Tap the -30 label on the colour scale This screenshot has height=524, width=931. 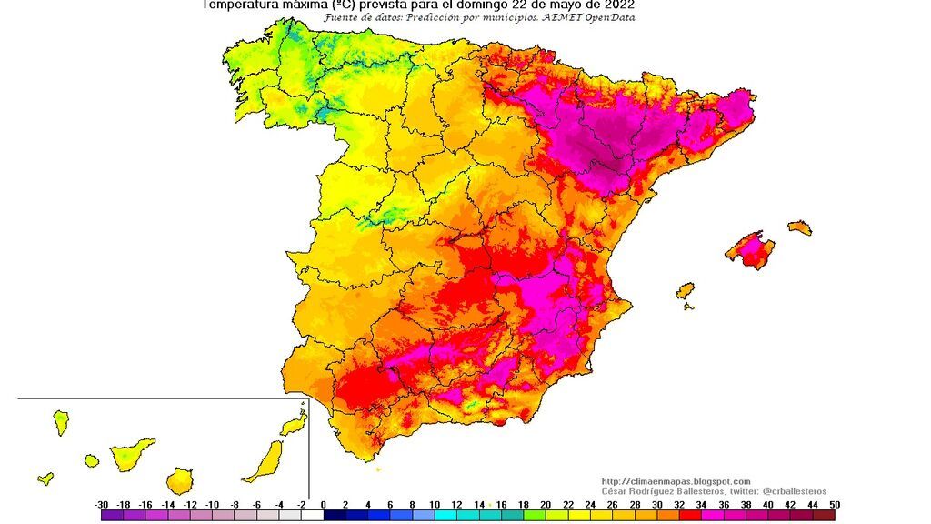coord(102,504)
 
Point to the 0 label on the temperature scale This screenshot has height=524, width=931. coord(345,504)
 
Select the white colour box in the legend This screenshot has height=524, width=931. coord(312,515)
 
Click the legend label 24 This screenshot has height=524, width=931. coord(590,504)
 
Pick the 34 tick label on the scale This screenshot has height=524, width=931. coord(701,504)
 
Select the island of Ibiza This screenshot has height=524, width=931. coord(686,290)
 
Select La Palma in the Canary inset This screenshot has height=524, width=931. coord(61,422)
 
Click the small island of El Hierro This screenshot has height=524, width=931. coord(45,478)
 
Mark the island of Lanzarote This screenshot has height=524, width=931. coord(293,424)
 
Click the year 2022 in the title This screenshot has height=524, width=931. coord(614,5)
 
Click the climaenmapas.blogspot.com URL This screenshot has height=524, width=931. coord(676,481)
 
